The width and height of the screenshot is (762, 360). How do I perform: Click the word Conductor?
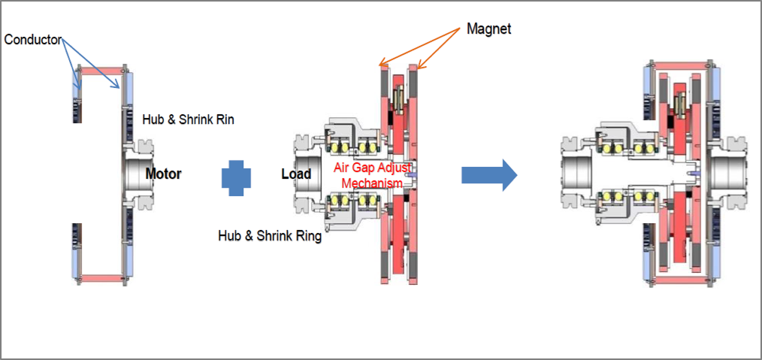click(32, 40)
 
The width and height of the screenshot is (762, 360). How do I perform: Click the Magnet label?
click(488, 29)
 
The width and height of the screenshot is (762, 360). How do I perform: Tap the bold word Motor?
click(163, 174)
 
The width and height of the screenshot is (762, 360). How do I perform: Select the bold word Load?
click(296, 174)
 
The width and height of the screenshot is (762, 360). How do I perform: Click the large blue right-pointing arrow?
click(489, 175)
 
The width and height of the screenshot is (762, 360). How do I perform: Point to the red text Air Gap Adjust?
click(372, 167)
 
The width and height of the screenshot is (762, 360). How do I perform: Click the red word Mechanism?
click(372, 182)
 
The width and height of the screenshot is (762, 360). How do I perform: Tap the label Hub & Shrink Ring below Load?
click(270, 236)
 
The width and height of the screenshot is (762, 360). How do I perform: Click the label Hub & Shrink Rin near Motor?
click(189, 119)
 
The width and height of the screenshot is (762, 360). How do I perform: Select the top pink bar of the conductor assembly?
click(101, 71)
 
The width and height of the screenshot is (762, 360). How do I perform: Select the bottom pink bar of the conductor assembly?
click(101, 278)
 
